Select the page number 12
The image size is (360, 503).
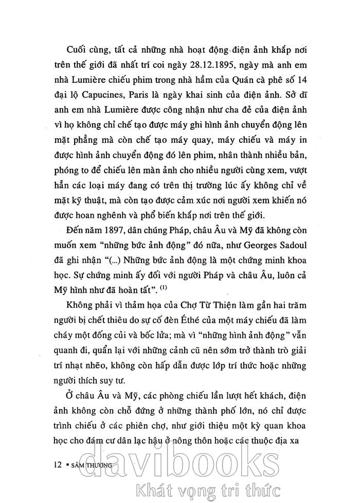tap(58, 451)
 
